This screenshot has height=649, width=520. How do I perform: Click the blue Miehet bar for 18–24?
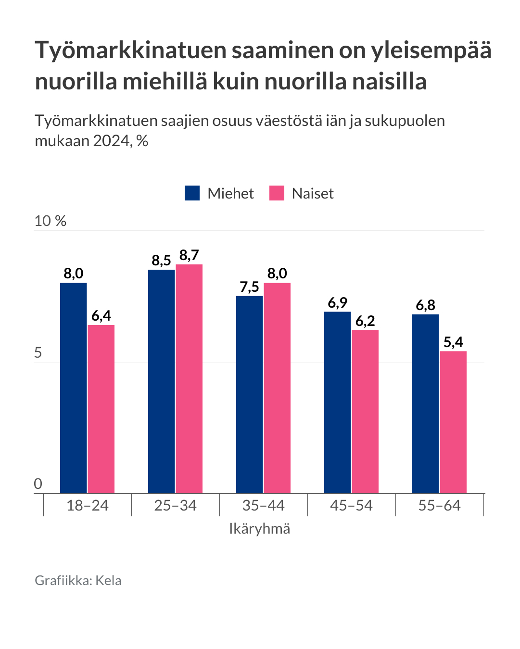73,388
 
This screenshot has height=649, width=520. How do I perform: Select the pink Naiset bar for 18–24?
101,409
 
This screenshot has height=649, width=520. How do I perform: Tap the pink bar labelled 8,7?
189,379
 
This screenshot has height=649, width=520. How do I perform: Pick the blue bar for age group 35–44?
249,395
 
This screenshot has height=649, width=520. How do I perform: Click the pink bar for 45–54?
365,412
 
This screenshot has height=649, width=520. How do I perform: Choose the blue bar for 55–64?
425,404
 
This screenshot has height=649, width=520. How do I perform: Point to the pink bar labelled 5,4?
453,422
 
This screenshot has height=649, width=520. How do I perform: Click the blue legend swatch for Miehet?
192,193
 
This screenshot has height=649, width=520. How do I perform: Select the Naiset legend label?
313,193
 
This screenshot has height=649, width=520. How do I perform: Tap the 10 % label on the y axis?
50,221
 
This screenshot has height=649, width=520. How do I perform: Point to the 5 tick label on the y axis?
38,353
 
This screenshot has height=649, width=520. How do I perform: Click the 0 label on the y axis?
38,484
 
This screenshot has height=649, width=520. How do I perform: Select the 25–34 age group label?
176,506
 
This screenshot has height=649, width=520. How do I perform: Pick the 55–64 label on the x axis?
439,506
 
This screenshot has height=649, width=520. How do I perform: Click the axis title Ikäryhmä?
259,529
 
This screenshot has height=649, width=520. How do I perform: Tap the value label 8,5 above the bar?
161,261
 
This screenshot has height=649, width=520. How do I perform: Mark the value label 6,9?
337,303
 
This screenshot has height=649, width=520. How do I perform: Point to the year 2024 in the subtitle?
112,141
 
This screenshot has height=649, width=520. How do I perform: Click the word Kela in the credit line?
108,581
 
